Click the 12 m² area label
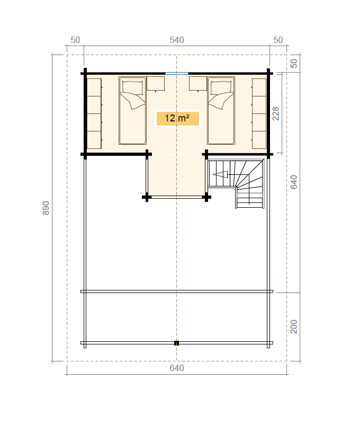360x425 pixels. point(177,118)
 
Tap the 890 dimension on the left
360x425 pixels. point(46,208)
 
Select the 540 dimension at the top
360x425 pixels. point(177,40)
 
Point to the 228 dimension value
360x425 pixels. point(276,113)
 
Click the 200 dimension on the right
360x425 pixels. point(294,326)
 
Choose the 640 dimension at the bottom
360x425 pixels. point(177,368)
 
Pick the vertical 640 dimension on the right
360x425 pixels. point(294,182)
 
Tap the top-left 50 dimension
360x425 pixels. point(75,40)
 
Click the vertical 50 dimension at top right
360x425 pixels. point(294,64)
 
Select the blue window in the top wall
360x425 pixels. point(177,73)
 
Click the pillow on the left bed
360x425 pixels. point(132,87)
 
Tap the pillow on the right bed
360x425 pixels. point(221,87)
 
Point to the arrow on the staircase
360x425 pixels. point(220,174)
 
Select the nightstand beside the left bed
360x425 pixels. point(156,84)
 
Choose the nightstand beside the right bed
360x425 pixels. point(198,84)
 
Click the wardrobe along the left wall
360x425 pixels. point(94,113)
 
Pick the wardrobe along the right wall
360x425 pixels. point(259,113)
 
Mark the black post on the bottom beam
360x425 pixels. point(177,343)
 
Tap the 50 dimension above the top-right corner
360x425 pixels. point(278,40)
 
